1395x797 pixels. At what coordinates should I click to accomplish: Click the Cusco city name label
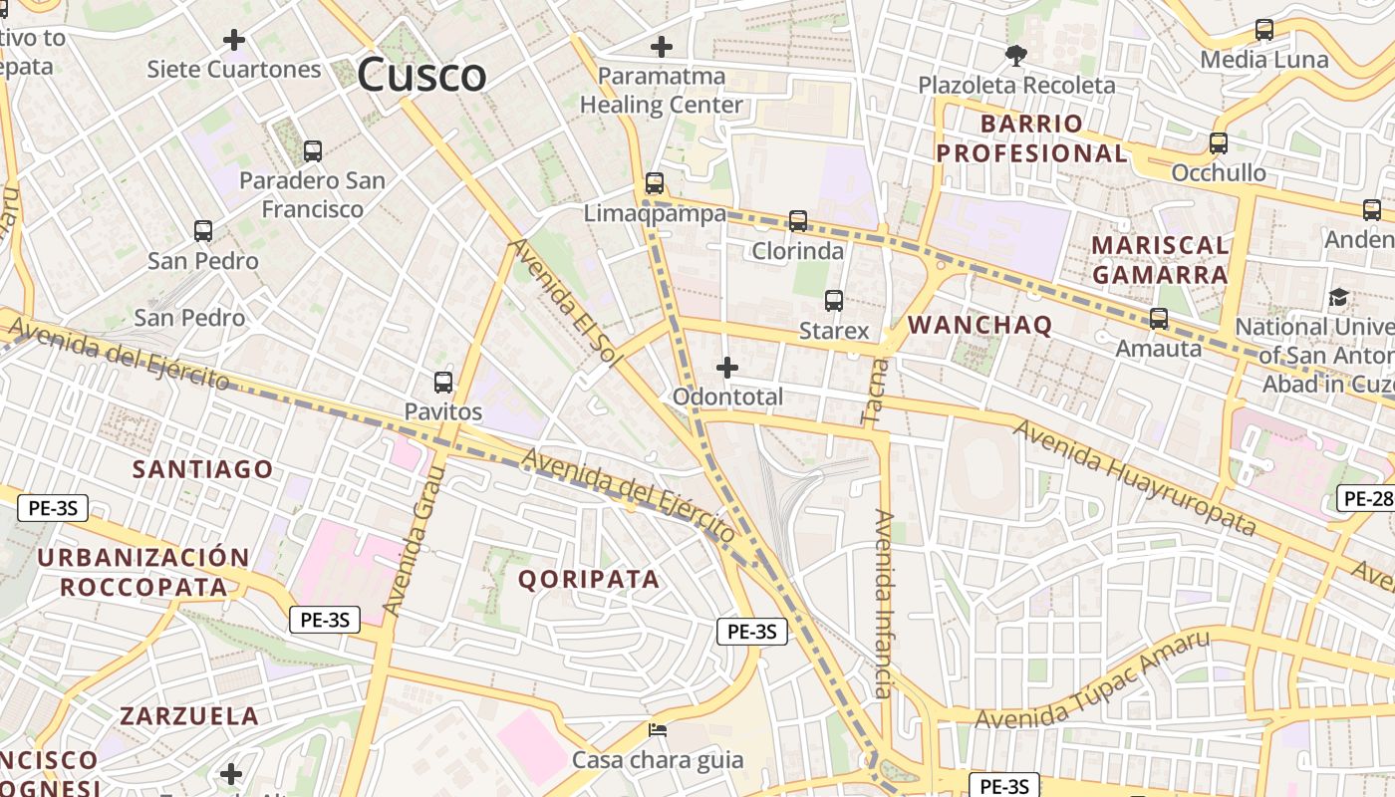(x=421, y=75)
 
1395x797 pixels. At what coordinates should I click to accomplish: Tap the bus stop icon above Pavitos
(x=443, y=383)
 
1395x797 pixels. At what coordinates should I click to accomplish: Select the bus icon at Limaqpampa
(x=655, y=183)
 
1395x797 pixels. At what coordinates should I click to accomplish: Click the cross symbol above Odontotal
(x=727, y=368)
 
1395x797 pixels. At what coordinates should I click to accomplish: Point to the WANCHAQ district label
(x=980, y=325)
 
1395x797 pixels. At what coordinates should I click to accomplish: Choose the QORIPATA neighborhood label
(x=589, y=579)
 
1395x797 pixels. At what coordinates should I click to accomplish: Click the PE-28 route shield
(x=1367, y=498)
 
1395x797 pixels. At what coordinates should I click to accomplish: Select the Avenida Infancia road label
(x=883, y=603)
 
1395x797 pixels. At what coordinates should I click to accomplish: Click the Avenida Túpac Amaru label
(x=1092, y=679)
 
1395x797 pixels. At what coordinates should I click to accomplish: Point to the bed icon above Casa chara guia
(x=658, y=731)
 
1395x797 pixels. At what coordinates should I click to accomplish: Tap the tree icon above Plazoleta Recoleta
(x=1016, y=56)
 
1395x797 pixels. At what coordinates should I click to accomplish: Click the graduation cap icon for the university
(x=1338, y=297)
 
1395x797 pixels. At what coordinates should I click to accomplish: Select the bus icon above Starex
(x=834, y=300)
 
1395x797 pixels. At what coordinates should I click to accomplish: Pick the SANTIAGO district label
(x=203, y=469)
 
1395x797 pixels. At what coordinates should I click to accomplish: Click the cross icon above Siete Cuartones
(x=234, y=40)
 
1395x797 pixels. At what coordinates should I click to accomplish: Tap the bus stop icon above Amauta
(x=1158, y=319)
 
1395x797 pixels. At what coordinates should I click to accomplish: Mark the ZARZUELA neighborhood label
(x=189, y=715)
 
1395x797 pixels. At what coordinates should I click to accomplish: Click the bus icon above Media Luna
(x=1264, y=30)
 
